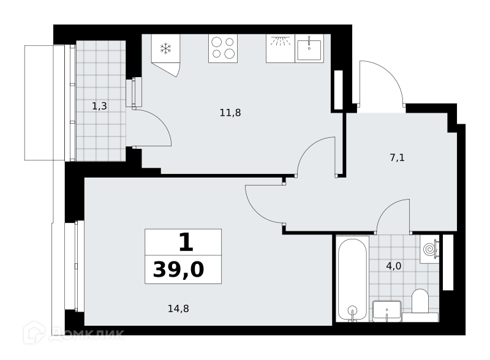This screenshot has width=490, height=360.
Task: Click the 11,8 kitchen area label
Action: click(230, 113)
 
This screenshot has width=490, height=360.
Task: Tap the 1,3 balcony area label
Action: click(99, 107)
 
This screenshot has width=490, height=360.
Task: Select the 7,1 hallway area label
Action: click(397, 157)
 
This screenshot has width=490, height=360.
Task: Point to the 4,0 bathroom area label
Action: click(394, 266)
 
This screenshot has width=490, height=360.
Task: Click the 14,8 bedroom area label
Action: click(178, 309)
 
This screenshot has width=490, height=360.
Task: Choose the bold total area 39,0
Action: click(178, 269)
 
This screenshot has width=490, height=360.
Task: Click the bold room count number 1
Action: click(186, 242)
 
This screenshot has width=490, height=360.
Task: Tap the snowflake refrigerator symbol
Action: click(165, 48)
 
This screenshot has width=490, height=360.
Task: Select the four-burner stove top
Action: click(223, 48)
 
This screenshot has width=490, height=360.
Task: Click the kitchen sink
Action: click(309, 48)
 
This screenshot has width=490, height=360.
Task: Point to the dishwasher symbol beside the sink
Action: click(281, 48)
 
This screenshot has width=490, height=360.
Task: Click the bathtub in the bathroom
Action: click(353, 279)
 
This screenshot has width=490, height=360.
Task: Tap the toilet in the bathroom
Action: click(420, 301)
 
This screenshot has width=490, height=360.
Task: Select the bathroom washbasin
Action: click(387, 310)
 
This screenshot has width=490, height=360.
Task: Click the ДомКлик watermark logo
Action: click(73, 333)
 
